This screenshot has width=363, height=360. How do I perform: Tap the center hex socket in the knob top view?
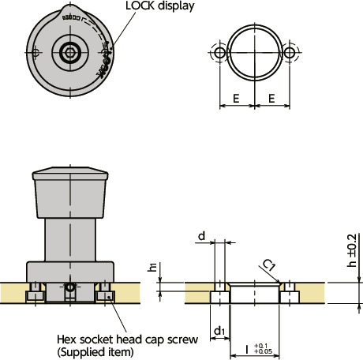point(70,53)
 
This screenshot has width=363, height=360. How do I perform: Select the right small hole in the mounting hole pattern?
point(290,52)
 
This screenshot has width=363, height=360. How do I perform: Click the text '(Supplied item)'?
point(94,351)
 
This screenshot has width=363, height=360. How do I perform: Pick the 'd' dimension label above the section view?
point(202,235)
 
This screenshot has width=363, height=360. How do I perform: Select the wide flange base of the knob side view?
point(70,272)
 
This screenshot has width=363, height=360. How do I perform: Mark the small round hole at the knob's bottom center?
point(70,289)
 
